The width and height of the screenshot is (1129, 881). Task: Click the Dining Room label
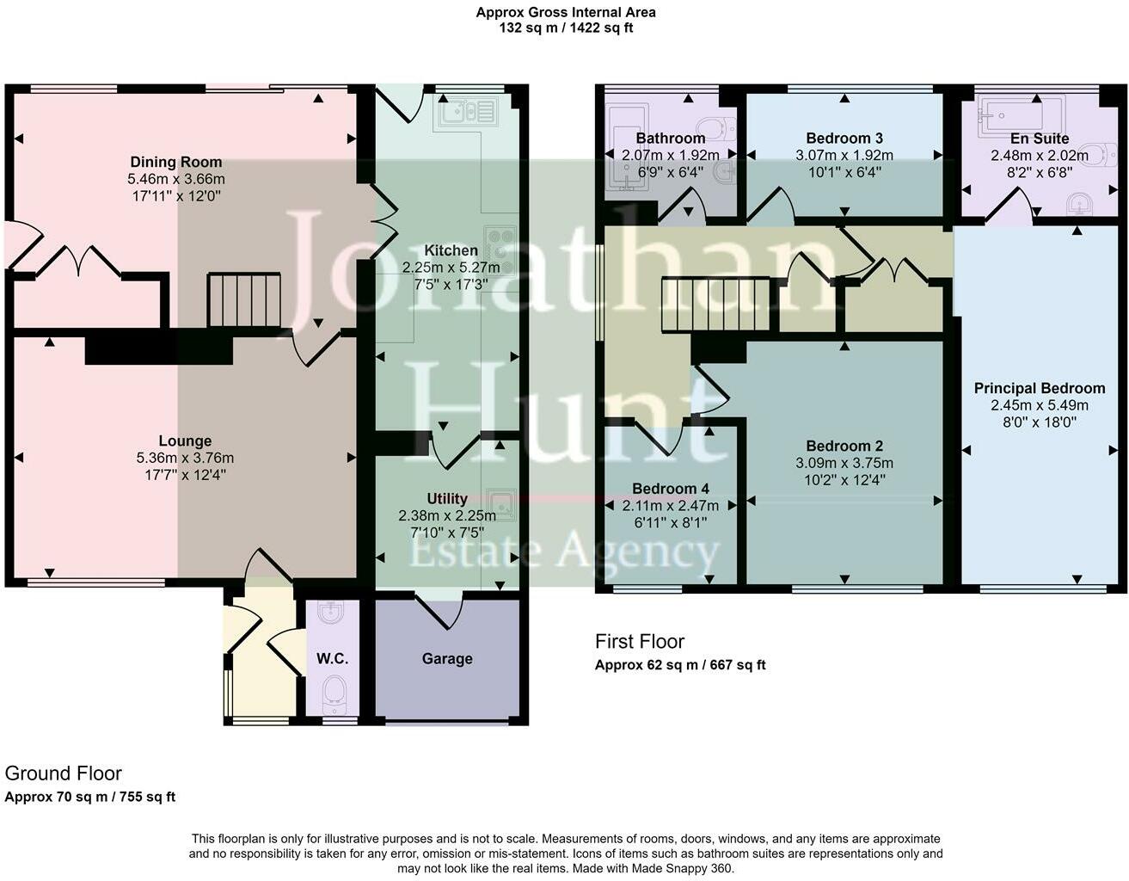pos(175,162)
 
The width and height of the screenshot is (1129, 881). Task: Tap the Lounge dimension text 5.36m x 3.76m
pos(185,458)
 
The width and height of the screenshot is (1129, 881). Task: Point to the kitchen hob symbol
pos(500,250)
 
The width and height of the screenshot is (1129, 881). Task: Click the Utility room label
pos(447,498)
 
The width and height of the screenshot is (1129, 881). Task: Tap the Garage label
pos(447,658)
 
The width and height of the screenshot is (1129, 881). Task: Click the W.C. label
pos(332,658)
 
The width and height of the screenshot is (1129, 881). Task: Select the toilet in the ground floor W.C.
pos(333,693)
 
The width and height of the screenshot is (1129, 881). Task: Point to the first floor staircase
pos(715,305)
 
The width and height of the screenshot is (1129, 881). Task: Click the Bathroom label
pos(670,138)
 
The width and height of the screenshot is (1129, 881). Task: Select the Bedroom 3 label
pos(844,138)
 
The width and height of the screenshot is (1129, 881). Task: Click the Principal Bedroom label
pos(1039,388)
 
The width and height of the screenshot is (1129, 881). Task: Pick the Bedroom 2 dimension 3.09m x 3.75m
pos(844,463)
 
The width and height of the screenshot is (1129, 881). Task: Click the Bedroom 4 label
pos(670,489)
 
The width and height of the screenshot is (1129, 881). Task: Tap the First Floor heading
pos(639,641)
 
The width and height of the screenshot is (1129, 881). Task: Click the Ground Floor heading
pos(63,773)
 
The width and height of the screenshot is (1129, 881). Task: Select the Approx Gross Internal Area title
pos(566,12)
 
